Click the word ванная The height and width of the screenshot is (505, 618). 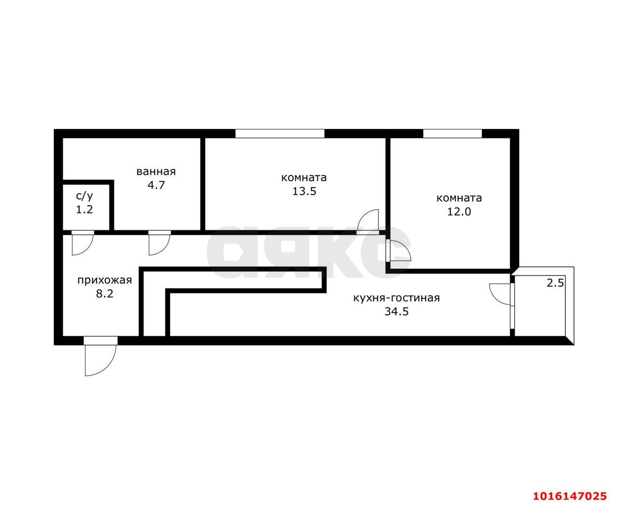156,172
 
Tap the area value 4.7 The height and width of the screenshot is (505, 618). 156,186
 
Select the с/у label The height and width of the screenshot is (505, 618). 84,196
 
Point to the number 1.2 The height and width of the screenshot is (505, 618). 84,210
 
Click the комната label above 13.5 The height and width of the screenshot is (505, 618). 304,178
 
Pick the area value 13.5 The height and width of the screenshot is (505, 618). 304,191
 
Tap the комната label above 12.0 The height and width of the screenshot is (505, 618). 459,198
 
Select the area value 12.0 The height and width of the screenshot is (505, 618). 459,212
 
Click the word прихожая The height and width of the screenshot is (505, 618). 105,281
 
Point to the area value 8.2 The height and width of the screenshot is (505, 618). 105,293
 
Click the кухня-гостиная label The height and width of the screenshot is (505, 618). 396,298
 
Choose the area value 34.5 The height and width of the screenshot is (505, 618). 396,311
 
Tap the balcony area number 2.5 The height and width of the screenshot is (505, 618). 555,283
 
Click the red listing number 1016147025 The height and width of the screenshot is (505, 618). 574,488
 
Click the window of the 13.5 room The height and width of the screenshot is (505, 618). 280,133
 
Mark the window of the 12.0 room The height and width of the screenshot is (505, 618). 452,133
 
